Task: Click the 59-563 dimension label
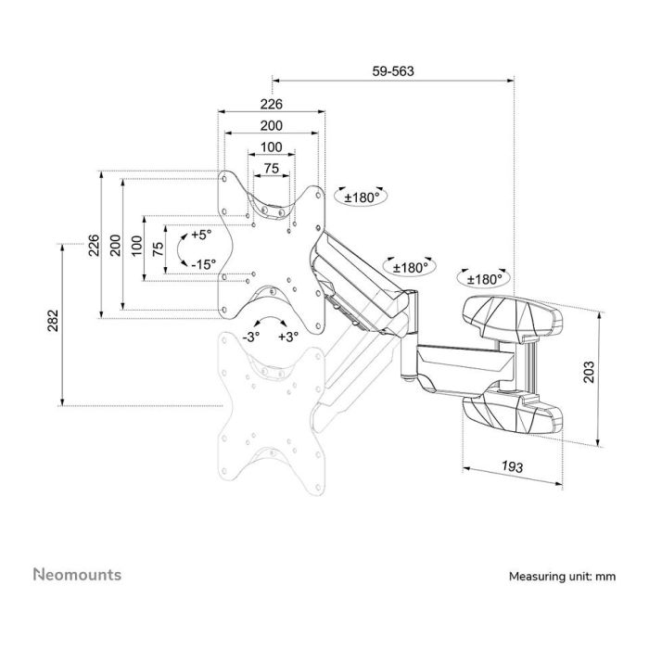[x=393, y=71]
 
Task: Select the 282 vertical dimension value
[x=54, y=321]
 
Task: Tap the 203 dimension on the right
[x=588, y=372]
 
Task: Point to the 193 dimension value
[x=513, y=466]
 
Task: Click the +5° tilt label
[x=201, y=235]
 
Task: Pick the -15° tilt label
[x=204, y=264]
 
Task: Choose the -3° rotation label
[x=251, y=337]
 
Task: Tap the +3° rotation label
[x=288, y=337]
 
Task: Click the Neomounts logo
[x=77, y=575]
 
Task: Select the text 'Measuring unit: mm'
[x=562, y=576]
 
